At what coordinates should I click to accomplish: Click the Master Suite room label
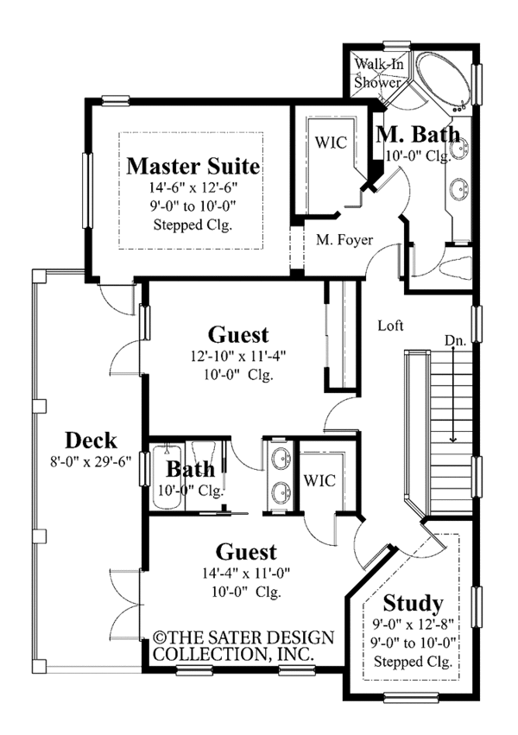pyautogui.click(x=193, y=164)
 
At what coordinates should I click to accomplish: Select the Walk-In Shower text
pyautogui.click(x=379, y=73)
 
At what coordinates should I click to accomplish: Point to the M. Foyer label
pyautogui.click(x=344, y=240)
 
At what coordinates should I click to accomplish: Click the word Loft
pyautogui.click(x=391, y=326)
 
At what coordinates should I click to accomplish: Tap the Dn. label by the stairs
pyautogui.click(x=455, y=341)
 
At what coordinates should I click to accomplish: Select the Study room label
pyautogui.click(x=413, y=602)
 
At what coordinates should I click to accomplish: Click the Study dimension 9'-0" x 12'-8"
pyautogui.click(x=413, y=623)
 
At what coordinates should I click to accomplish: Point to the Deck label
pyautogui.click(x=89, y=440)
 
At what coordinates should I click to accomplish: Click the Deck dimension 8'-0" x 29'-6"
pyautogui.click(x=89, y=460)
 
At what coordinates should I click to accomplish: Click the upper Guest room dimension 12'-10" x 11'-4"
pyautogui.click(x=238, y=357)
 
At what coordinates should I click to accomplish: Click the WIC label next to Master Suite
pyautogui.click(x=331, y=143)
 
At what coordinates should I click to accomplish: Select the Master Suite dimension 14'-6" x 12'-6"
pyautogui.click(x=193, y=187)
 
